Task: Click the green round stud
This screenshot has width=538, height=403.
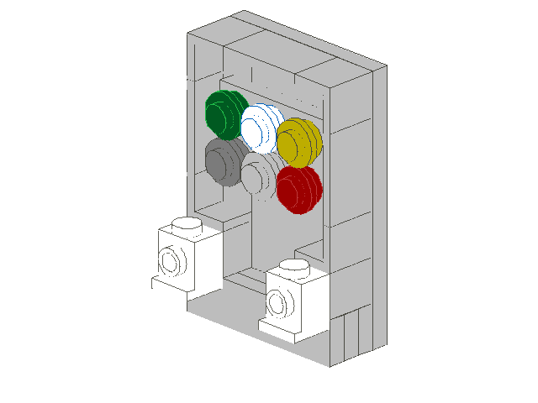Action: pyautogui.click(x=224, y=114)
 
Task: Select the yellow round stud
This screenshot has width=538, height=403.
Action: pyautogui.click(x=298, y=140)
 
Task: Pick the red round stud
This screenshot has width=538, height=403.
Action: pyautogui.click(x=298, y=189)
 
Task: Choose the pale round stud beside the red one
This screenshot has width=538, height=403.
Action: pyautogui.click(x=260, y=174)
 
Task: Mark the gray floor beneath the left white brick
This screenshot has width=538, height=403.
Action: pyautogui.click(x=202, y=306)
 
